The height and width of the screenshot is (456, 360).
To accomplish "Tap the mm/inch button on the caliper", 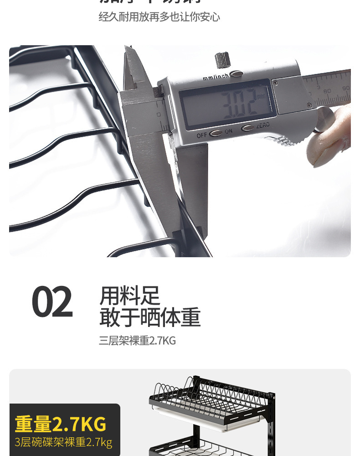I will tap(236, 74).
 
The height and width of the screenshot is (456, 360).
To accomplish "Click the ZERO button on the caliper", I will tap(247, 128).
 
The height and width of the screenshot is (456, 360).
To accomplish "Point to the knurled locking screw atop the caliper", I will tap(222, 60).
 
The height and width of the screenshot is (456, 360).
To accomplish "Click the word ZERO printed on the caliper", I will tap(263, 125).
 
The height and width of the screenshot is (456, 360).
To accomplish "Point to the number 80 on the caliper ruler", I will tap(327, 91).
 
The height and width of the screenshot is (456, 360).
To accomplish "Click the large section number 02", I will tap(52, 302).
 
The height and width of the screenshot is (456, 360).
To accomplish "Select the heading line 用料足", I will tap(130, 295).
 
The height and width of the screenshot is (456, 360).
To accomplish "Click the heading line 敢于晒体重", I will tap(150, 317).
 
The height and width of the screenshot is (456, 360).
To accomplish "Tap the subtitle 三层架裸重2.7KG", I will tap(137, 341).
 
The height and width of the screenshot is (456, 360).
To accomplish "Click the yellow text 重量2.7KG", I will tap(61, 424).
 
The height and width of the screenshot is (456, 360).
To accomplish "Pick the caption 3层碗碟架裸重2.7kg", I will tap(63, 442).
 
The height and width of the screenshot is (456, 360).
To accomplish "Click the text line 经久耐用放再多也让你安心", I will tap(159, 17).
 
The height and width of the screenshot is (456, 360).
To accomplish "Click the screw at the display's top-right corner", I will tap(275, 83).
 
